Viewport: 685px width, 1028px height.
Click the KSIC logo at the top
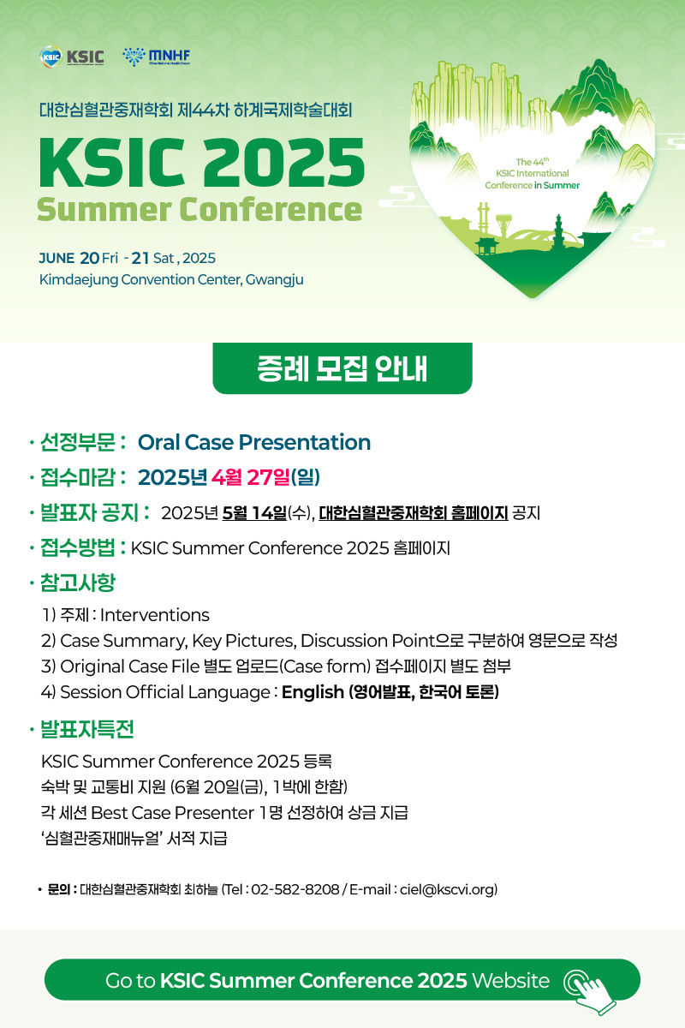(72, 57)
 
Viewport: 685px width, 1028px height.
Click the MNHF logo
(156, 57)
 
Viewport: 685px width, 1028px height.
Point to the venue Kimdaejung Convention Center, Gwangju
(171, 280)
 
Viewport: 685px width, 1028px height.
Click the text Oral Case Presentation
(253, 442)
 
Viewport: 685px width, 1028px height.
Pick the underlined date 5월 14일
(253, 514)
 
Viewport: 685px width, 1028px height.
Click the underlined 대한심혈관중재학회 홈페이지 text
(413, 514)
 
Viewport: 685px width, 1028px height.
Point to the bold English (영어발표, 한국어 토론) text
(390, 692)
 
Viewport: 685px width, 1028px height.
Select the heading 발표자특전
(87, 730)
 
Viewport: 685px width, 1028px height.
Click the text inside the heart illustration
(532, 173)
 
